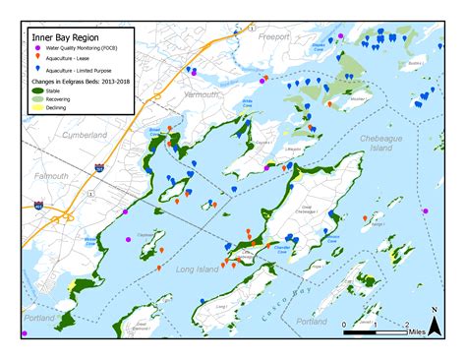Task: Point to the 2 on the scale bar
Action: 407,323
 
